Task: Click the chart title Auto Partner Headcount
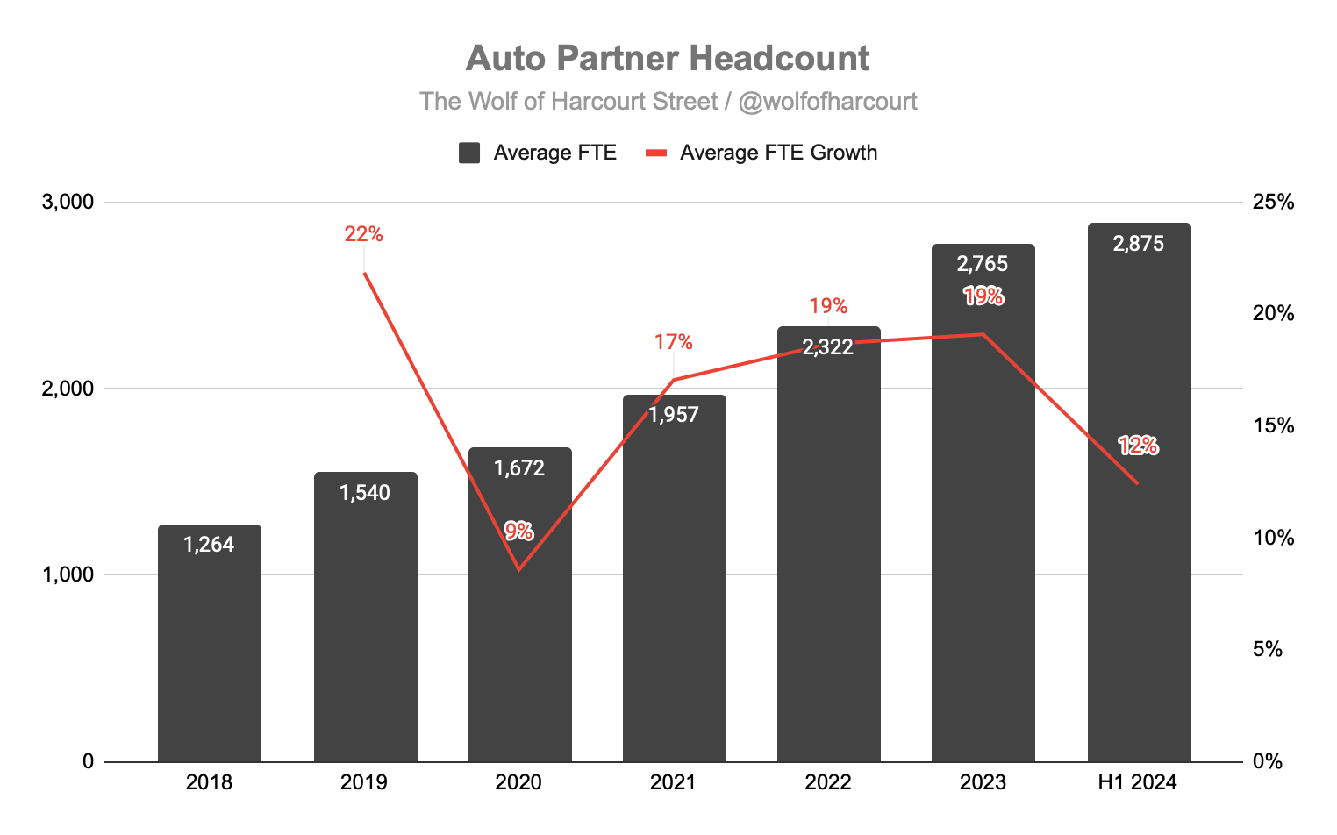pos(667,59)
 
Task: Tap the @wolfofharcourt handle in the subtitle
pos(827,102)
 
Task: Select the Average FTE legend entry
pos(538,153)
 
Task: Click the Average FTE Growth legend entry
pos(761,153)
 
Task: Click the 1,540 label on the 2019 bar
pos(365,493)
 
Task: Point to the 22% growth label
pos(363,234)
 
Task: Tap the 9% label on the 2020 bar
pos(518,531)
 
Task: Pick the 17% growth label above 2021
pos(673,342)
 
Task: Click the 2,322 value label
pos(828,347)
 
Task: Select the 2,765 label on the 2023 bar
pos(983,264)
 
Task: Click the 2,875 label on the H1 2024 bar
pos(1139,244)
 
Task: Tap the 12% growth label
pos(1138,446)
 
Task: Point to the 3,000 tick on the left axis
pos(68,202)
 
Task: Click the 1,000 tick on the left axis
pos(68,575)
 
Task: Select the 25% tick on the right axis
pos(1273,202)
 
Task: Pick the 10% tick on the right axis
pos(1273,538)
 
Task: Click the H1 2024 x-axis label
pos(1138,782)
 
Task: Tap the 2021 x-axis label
pos(673,782)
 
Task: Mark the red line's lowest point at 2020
pos(518,570)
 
